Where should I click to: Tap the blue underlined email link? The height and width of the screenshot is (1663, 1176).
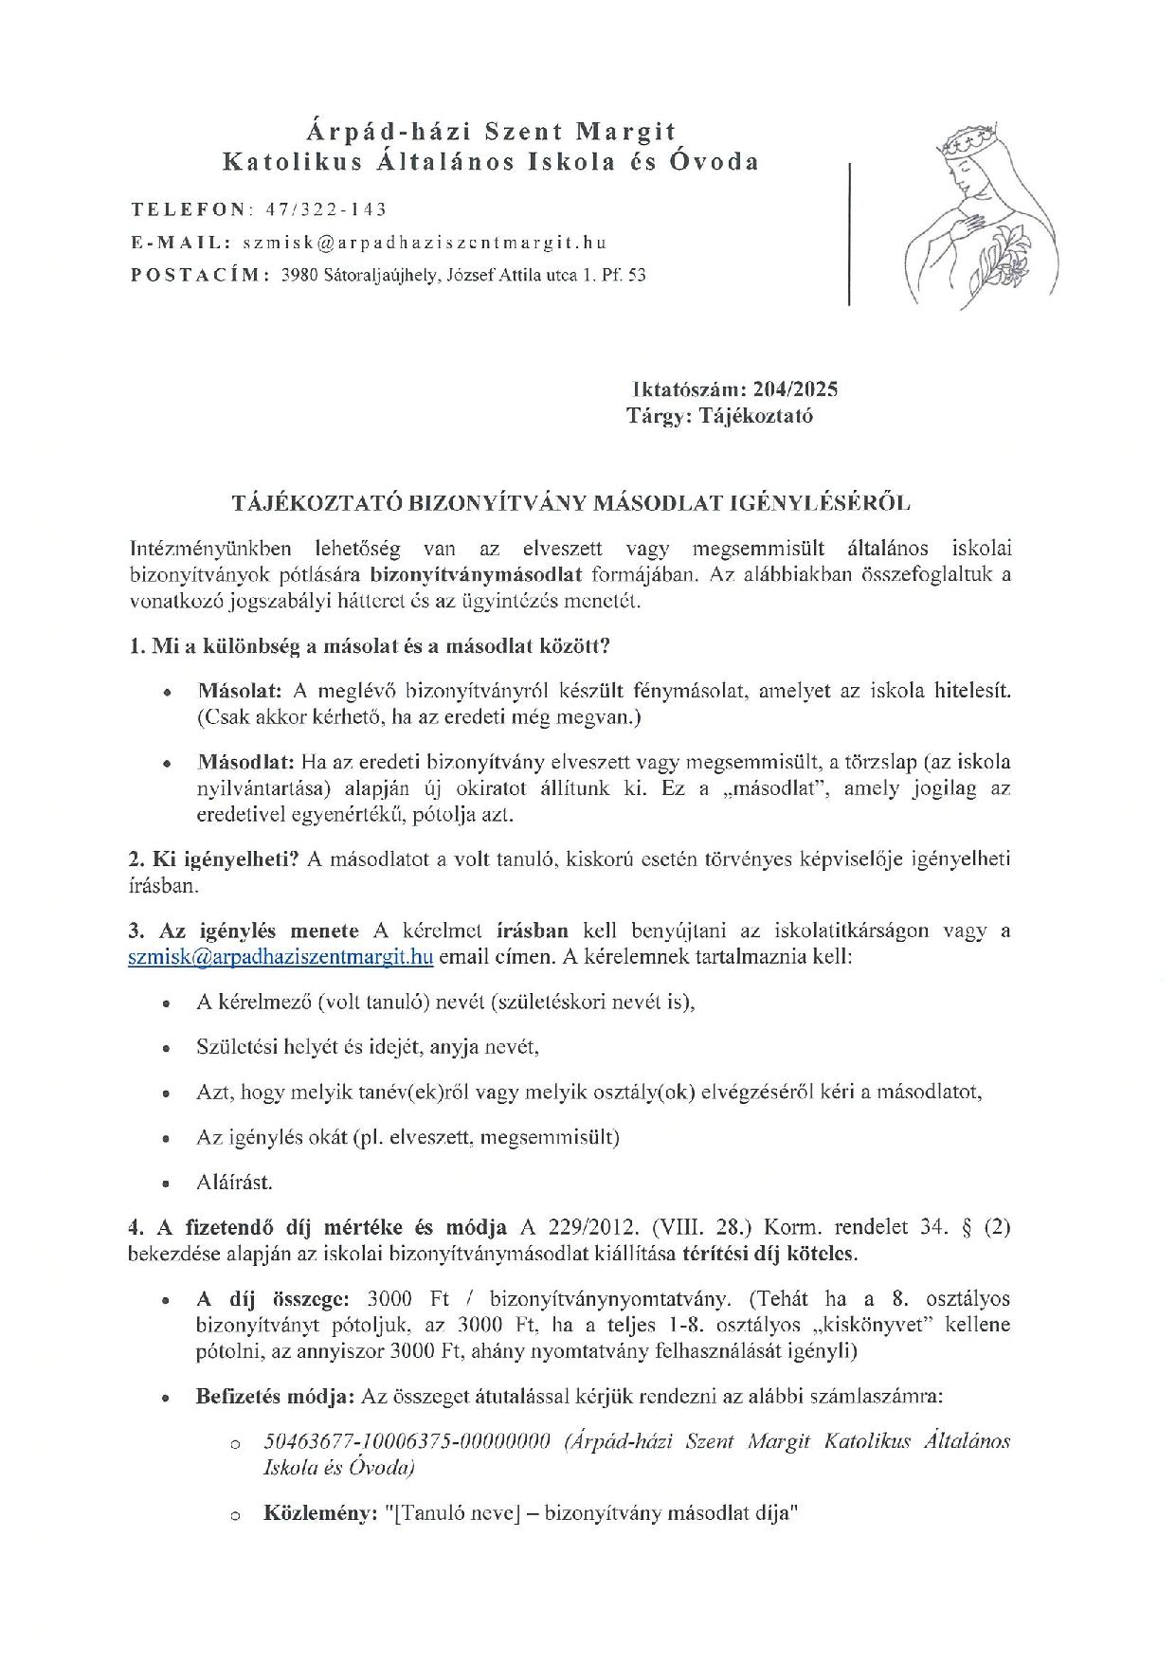[280, 956]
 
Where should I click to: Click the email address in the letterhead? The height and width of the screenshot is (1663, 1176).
[424, 243]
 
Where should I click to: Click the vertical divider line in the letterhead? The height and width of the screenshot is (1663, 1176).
[849, 233]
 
